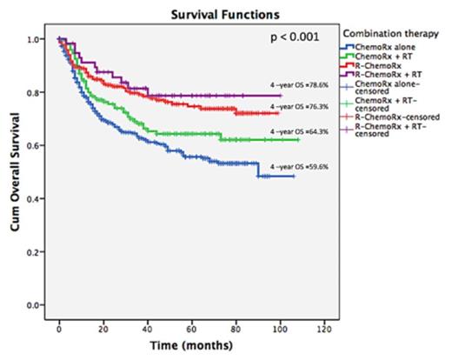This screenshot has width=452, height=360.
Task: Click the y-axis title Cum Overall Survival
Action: pyautogui.click(x=11, y=174)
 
